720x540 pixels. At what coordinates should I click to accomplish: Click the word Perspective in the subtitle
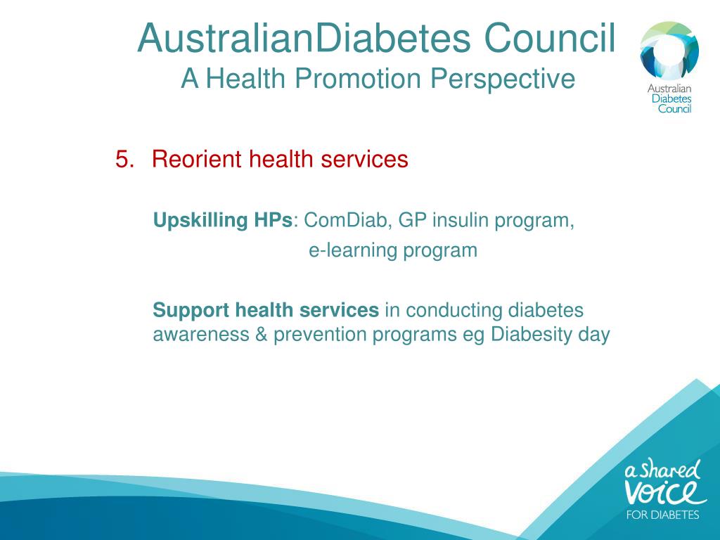point(503,78)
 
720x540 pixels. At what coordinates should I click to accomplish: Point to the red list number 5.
point(124,160)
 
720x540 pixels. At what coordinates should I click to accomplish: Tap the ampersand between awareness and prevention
point(261,334)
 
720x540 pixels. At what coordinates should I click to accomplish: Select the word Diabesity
point(531,334)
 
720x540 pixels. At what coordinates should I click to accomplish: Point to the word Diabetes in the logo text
point(671,99)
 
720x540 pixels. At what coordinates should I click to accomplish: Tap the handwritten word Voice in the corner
point(664,489)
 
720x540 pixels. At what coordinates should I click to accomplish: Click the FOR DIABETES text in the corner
point(663,515)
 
